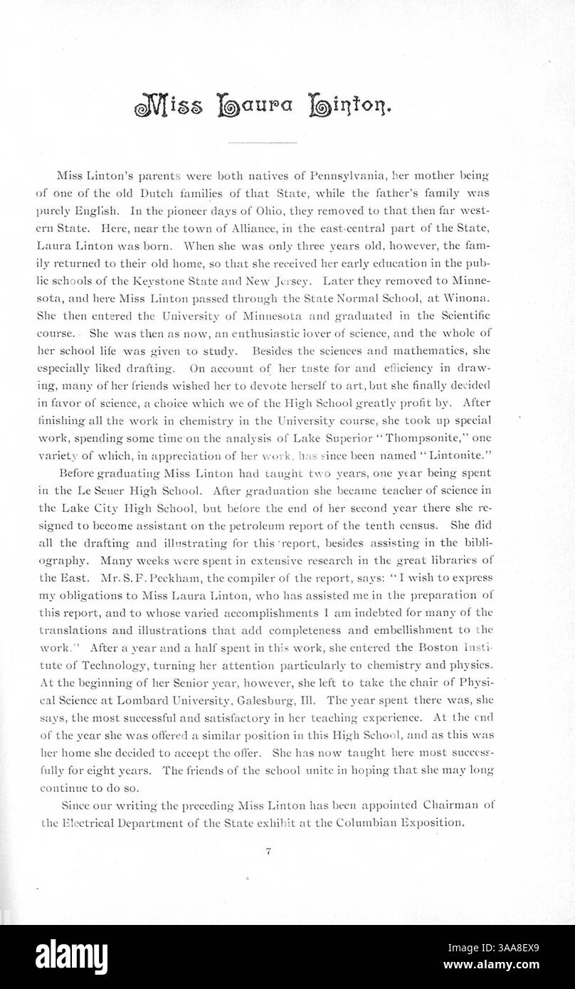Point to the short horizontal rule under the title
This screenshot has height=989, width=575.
coord(261,143)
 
